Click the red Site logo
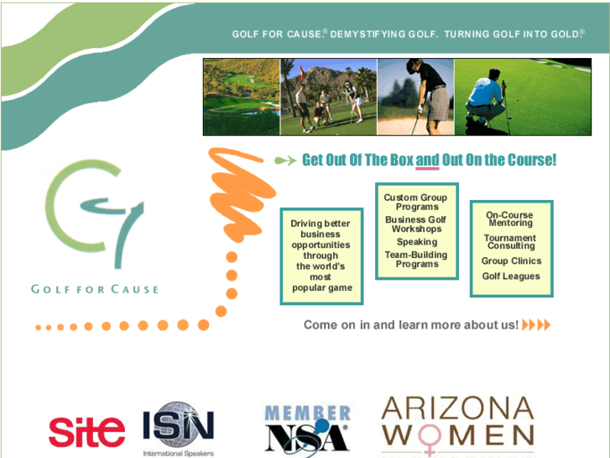[86, 430]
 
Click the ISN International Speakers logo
[178, 429]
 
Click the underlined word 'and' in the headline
[427, 160]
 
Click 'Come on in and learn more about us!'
[411, 324]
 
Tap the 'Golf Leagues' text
[511, 276]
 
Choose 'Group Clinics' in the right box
[511, 261]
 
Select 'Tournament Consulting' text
[511, 242]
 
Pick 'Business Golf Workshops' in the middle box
[416, 224]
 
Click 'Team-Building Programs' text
[416, 260]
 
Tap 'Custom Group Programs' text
[416, 203]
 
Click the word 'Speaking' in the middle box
[417, 242]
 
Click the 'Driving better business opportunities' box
[321, 255]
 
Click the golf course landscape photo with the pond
[242, 97]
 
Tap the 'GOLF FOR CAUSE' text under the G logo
[94, 289]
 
